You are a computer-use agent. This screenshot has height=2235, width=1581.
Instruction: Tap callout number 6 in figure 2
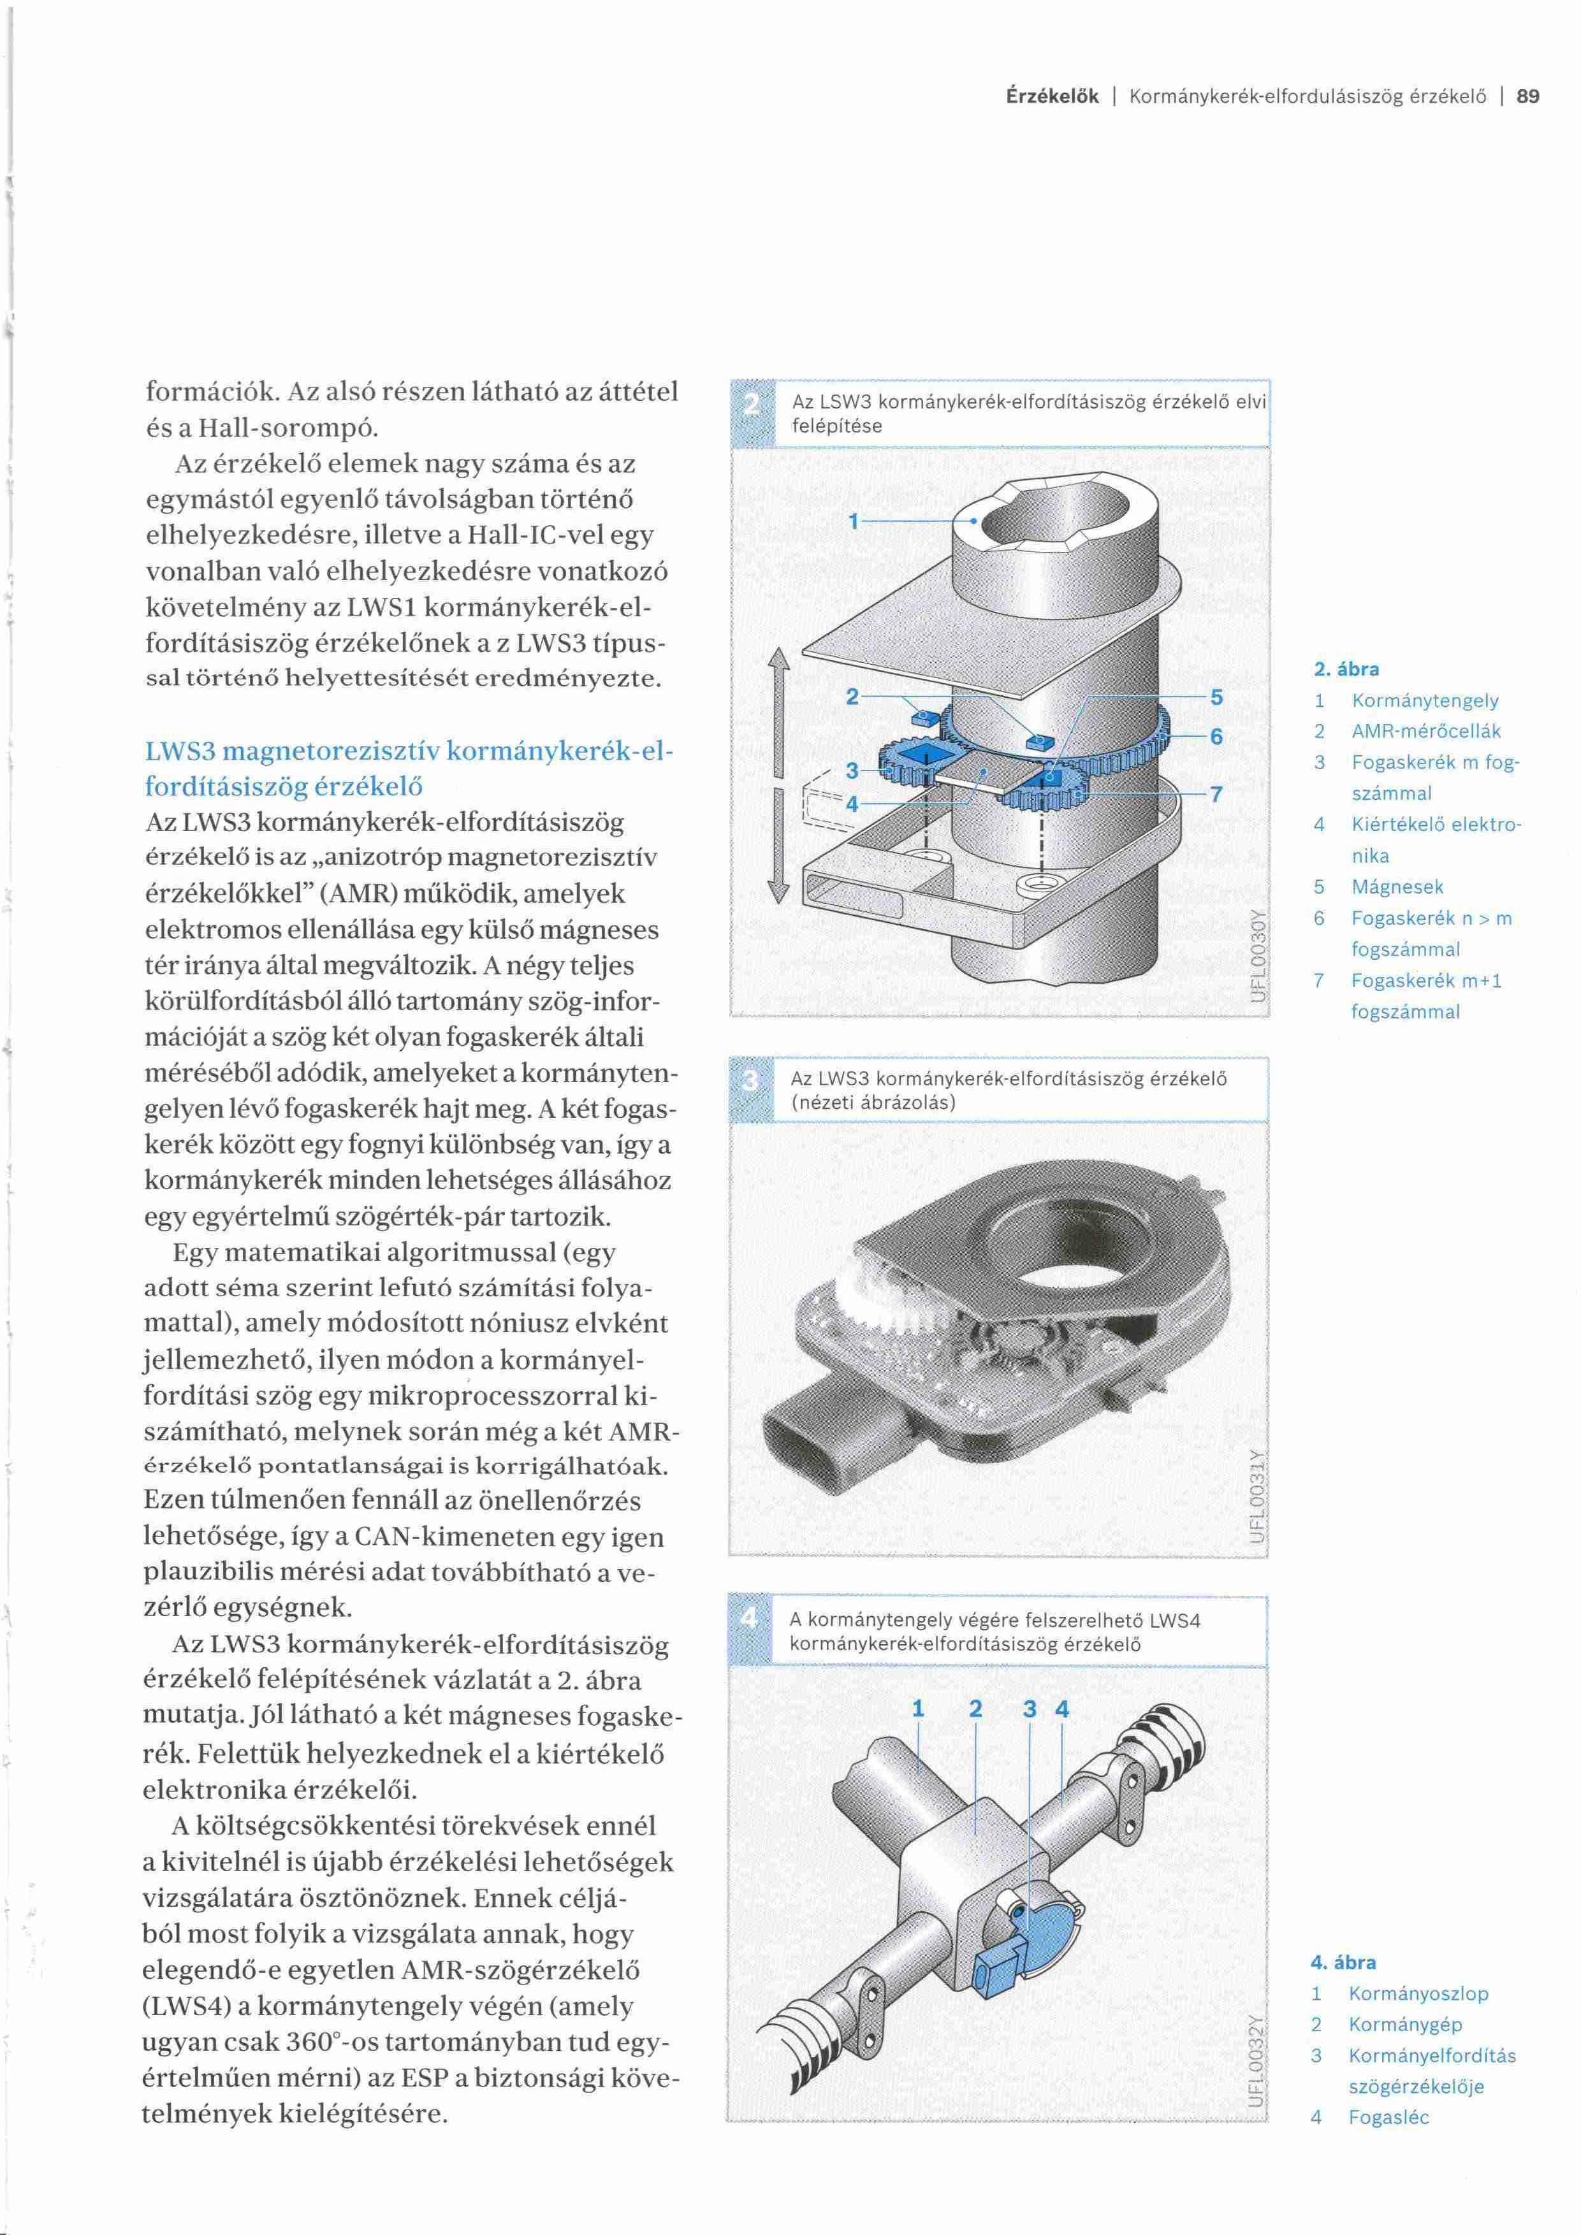click(x=1216, y=737)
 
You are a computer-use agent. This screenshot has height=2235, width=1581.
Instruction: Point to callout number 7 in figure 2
click(x=1216, y=794)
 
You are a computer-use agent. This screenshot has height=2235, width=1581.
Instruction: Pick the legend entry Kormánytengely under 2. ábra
click(x=1425, y=701)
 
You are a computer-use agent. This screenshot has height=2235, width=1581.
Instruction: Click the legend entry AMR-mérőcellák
click(x=1426, y=731)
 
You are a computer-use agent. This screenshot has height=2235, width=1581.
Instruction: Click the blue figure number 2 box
click(x=750, y=413)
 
